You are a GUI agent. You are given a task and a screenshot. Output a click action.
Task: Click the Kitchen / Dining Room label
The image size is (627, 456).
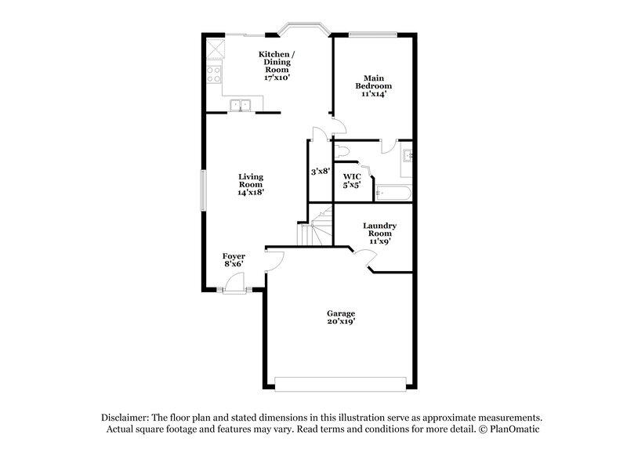pos(277,67)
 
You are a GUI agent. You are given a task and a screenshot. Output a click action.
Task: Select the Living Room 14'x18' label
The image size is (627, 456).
pos(251,184)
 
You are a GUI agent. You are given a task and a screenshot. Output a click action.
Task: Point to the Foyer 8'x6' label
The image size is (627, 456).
pos(234,260)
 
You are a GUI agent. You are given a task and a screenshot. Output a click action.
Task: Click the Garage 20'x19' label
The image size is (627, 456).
pos(341,317)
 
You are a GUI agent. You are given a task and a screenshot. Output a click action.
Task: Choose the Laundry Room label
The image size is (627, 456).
pos(379,233)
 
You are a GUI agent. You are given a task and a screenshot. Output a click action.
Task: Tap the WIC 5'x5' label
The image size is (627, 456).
pos(351,180)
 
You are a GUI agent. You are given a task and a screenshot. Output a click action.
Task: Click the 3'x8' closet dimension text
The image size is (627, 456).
pos(319,172)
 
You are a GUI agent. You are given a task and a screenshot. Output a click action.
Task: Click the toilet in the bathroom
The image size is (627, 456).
pos(342,150)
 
